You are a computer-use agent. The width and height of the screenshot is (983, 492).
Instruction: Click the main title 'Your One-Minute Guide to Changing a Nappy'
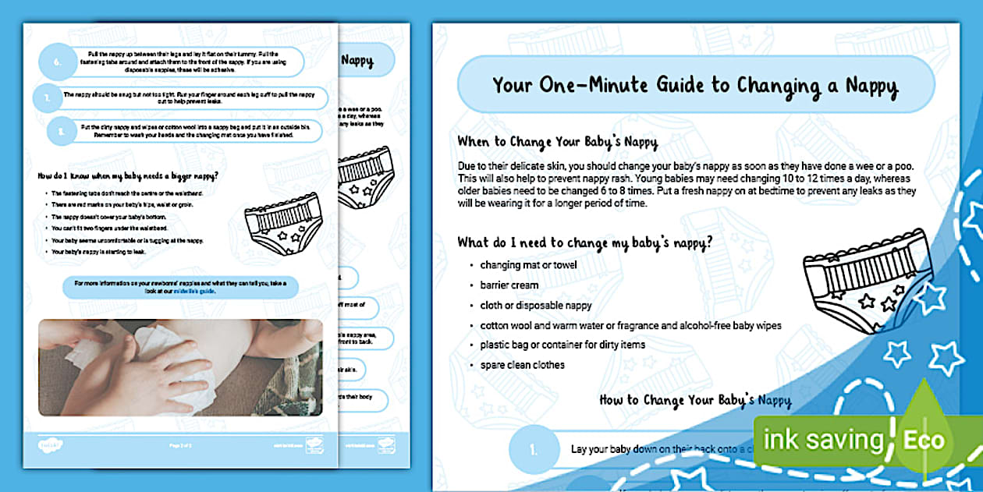(x=695, y=84)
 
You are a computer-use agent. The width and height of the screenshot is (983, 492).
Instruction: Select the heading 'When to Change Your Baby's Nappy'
(x=557, y=143)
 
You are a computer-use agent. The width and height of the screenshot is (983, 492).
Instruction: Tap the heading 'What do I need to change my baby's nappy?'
(x=584, y=242)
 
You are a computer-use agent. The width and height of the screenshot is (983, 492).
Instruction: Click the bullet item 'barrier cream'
(x=509, y=285)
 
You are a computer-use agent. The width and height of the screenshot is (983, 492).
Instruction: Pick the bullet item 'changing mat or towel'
(x=528, y=265)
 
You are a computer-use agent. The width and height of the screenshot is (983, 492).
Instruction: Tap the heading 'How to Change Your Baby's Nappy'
(x=694, y=401)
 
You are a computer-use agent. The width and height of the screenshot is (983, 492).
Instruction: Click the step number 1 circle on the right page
(x=534, y=450)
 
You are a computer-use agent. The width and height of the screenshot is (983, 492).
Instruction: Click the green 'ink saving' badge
(x=822, y=440)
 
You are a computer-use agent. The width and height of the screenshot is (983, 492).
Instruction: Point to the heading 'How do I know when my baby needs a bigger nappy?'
(x=129, y=175)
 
